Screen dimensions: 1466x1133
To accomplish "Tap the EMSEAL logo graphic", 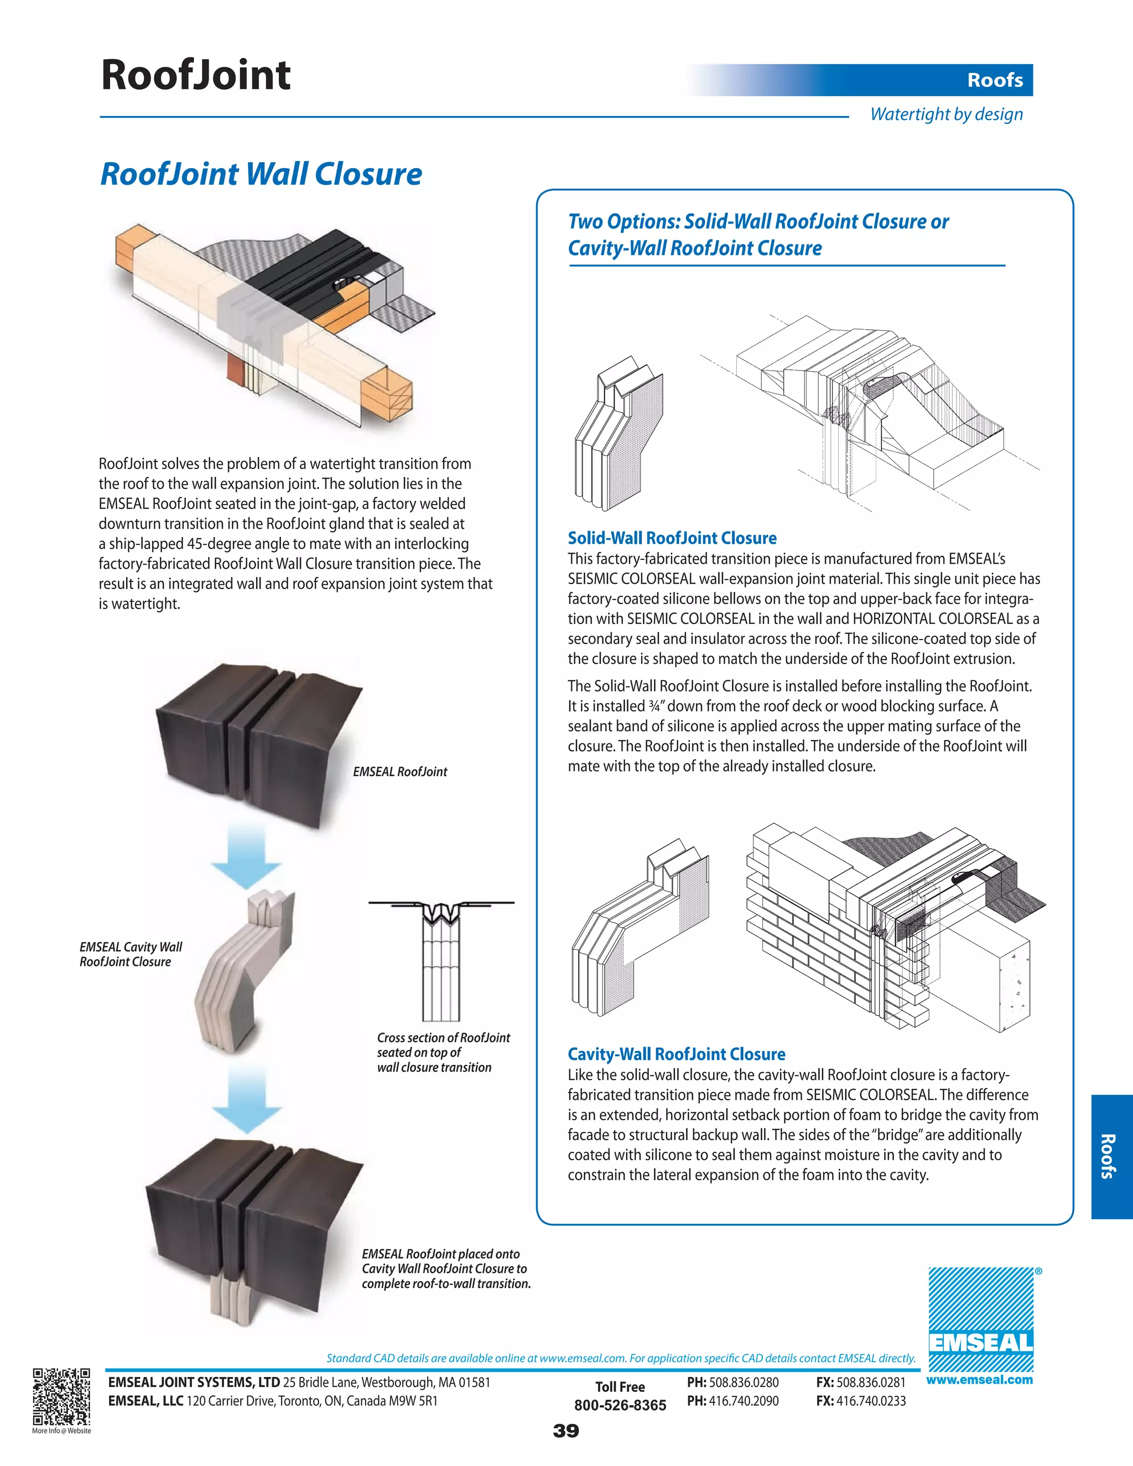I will pos(981,1319).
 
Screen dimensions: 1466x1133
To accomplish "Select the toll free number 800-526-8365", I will pos(620,1405).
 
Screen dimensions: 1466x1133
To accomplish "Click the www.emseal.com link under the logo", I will pos(979,1380).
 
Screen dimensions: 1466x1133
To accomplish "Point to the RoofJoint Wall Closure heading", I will pos(261,174).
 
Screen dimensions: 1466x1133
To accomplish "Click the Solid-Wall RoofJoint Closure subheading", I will pos(672,538).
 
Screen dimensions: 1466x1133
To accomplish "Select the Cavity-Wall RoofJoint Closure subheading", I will pos(676,1054).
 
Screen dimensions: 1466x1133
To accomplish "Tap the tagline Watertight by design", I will pos(947,114).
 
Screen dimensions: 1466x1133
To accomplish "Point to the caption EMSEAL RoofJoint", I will pos(400,772).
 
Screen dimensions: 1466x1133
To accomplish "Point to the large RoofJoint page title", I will pos(195,75).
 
